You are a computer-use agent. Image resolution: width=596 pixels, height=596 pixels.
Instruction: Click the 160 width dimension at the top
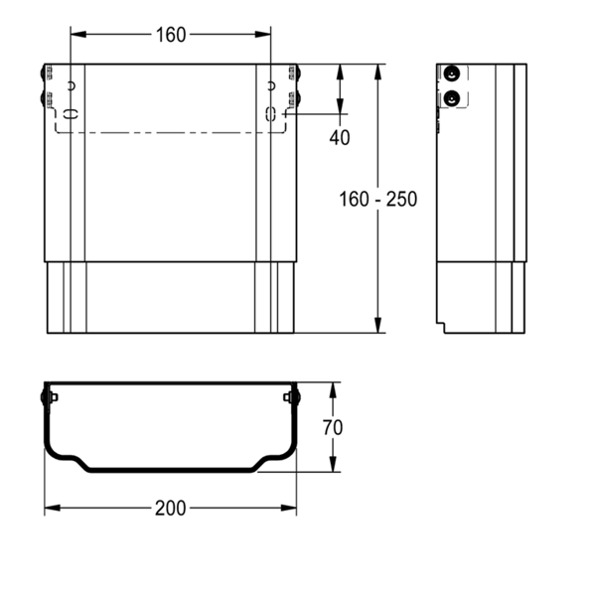(171, 35)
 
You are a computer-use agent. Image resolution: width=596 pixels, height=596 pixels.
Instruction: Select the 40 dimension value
(340, 138)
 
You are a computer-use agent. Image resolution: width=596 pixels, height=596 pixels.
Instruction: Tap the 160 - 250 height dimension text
(377, 200)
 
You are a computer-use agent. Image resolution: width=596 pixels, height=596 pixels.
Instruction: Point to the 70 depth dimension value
(333, 427)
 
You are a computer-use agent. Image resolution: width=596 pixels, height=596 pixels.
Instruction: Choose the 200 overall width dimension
(170, 509)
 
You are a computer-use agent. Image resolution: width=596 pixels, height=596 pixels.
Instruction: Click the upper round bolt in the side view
(452, 74)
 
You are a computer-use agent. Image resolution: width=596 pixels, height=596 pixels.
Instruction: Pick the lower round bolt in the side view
(452, 98)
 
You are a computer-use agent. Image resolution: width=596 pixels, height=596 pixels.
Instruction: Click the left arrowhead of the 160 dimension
(78, 34)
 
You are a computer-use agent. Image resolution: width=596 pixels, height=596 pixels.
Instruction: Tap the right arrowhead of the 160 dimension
(262, 34)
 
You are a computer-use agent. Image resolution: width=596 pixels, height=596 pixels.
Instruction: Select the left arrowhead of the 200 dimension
(53, 508)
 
